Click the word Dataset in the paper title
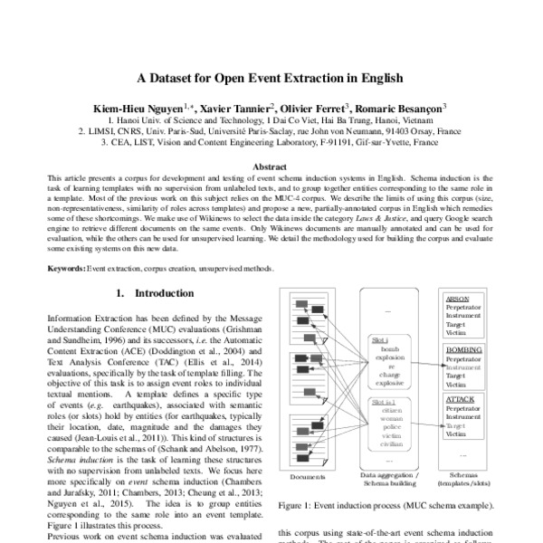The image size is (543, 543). (x=179, y=78)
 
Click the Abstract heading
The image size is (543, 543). (x=271, y=167)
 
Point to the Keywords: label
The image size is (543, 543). (x=65, y=270)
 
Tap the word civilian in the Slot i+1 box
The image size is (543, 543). (x=392, y=445)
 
